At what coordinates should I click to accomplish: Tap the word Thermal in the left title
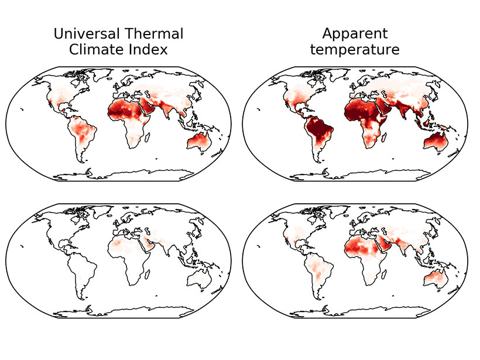coord(153,34)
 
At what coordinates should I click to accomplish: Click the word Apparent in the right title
coord(354,34)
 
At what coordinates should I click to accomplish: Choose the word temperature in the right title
coord(354,50)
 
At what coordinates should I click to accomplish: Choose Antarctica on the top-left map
coord(123,175)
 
